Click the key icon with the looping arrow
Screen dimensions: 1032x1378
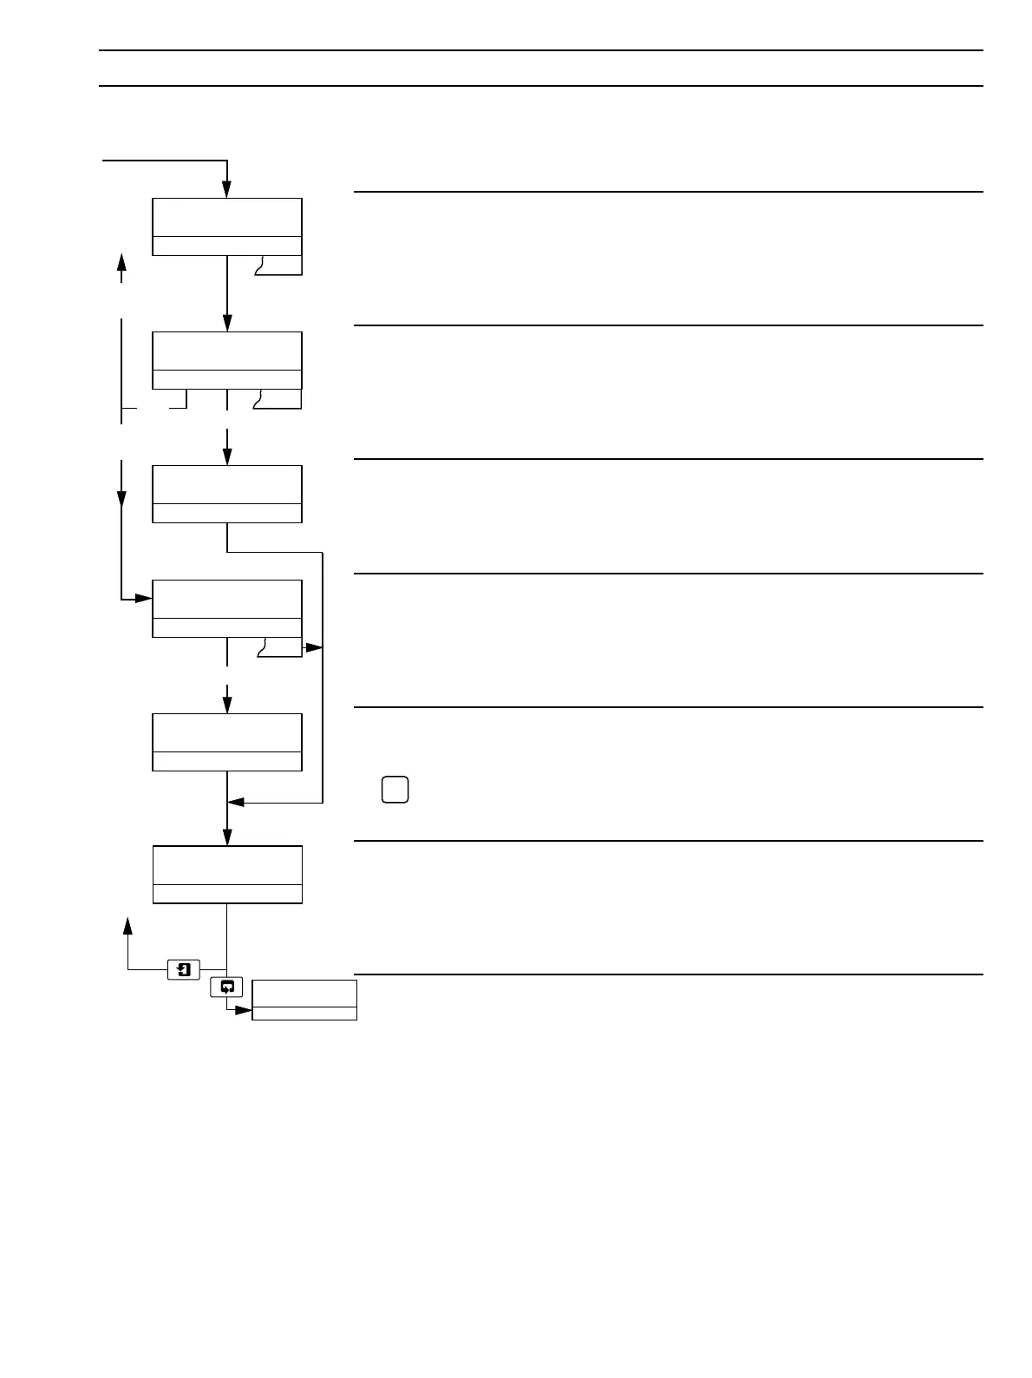coord(227,987)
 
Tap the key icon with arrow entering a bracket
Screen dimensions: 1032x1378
coord(183,969)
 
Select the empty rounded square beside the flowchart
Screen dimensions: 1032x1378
coord(395,790)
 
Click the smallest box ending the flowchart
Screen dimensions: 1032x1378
coord(304,1000)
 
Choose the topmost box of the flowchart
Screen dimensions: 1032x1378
coord(227,226)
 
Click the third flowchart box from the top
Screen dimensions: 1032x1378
coord(227,494)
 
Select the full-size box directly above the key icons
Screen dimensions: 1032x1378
coord(227,875)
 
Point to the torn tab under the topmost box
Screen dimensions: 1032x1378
coord(278,265)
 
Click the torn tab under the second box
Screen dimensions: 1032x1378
coord(278,398)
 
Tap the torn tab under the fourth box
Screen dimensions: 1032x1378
coord(279,646)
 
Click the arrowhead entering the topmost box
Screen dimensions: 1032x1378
coord(227,191)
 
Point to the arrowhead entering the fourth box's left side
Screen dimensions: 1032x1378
coord(145,599)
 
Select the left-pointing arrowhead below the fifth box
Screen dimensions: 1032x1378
coord(236,804)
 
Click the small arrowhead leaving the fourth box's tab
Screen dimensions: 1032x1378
coord(316,647)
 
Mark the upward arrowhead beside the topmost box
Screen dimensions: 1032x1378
coord(121,261)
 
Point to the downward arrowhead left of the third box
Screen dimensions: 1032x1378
coord(121,500)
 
